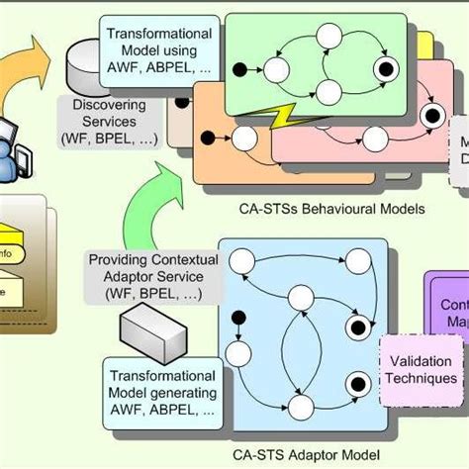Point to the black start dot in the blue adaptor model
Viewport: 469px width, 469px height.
(x=235, y=316)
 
